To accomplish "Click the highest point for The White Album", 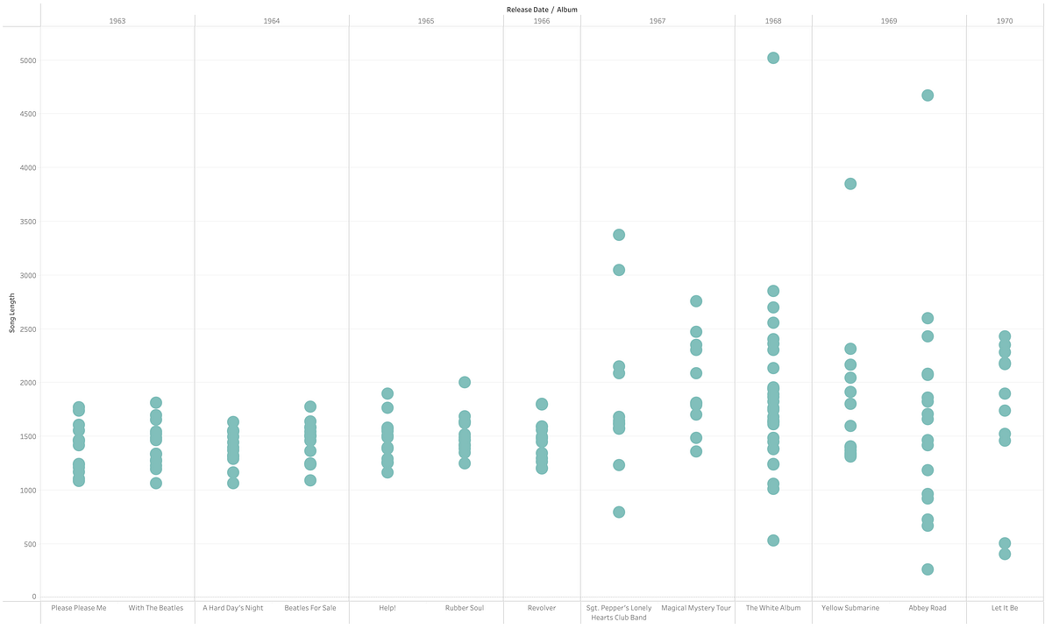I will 773,58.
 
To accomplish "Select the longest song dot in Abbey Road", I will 928,95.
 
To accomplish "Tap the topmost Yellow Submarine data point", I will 850,184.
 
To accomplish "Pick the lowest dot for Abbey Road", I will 928,569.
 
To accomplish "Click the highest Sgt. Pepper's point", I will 619,235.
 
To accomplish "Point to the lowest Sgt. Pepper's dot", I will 619,512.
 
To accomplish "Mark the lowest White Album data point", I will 773,541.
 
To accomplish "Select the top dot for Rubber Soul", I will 465,382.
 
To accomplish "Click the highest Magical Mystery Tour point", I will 696,301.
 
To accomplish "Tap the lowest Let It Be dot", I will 1005,554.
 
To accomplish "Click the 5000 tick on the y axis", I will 27,60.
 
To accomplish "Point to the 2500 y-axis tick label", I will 27,329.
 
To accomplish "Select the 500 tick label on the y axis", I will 30,544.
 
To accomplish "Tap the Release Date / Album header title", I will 542,9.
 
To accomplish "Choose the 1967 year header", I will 657,20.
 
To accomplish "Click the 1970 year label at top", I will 1005,20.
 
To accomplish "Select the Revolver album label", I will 542,608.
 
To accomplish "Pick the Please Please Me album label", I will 79,608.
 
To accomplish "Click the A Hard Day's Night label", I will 233,608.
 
